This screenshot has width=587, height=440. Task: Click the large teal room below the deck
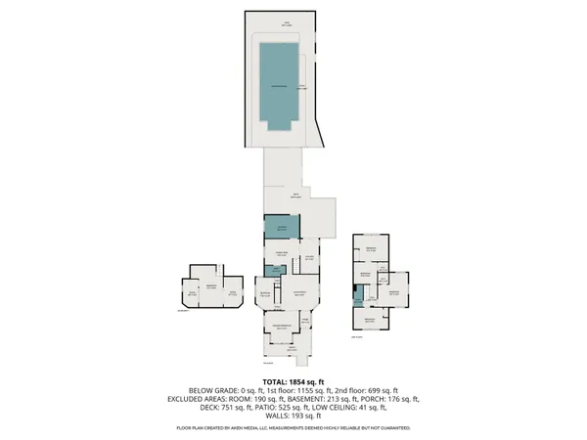pyautogui.click(x=280, y=227)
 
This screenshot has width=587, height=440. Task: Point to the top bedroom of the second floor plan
pyautogui.click(x=371, y=251)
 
